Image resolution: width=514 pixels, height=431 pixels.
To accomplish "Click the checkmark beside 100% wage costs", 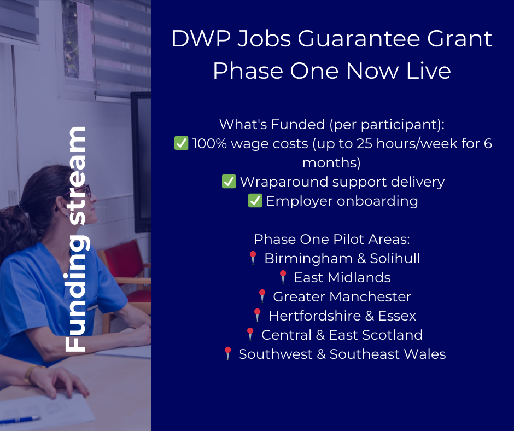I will [181, 144].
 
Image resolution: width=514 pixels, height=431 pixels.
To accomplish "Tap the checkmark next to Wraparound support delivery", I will [229, 182].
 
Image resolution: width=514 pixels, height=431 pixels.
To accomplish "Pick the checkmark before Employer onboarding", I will [255, 201].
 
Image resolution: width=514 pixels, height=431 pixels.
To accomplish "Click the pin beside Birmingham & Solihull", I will [253, 258].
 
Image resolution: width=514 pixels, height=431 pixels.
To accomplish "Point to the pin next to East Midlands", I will [283, 277].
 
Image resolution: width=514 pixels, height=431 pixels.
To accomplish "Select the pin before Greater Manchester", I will [262, 296].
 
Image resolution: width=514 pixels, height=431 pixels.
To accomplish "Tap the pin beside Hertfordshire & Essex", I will [257, 316].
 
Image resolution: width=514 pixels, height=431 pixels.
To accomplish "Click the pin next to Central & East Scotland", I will [250, 335].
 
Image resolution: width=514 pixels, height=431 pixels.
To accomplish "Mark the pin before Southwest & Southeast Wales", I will [227, 354].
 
